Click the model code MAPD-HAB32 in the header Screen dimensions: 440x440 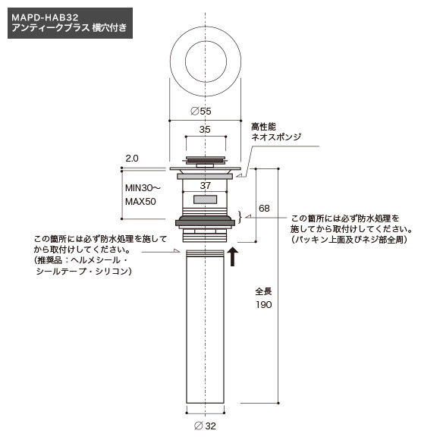45,17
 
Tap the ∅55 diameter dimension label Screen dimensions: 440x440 201,111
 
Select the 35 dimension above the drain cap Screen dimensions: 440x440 205,130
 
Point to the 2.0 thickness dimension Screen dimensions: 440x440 132,159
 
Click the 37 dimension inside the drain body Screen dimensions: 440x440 206,186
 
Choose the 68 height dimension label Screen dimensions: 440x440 264,208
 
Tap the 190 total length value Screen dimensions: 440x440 264,304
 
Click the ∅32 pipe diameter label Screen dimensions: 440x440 205,426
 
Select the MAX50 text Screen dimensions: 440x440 140,202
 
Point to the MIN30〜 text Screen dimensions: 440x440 143,187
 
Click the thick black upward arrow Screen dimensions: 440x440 232,256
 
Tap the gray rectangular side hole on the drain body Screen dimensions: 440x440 205,200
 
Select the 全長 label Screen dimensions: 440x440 263,291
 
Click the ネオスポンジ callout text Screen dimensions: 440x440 276,137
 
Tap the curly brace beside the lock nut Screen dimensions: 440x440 240,217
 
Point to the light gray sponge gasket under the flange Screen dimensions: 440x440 205,177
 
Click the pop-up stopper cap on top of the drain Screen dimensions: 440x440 205,161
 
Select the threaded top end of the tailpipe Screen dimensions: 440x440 205,253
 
